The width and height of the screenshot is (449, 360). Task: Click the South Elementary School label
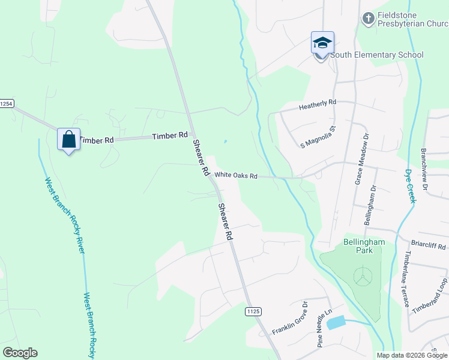tap(376, 55)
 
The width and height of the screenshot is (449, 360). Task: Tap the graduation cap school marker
tap(322, 43)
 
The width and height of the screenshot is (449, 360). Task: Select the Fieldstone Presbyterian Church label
tap(412, 19)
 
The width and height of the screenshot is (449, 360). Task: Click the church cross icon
tap(369, 19)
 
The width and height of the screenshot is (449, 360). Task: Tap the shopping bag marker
tap(69, 140)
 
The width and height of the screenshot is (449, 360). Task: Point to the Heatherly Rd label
tap(318, 105)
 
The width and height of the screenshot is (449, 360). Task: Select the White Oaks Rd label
tap(236, 176)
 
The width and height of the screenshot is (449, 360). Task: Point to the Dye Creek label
tap(409, 185)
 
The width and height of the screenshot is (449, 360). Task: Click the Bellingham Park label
tap(355, 245)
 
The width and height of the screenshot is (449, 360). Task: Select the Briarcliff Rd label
tap(429, 246)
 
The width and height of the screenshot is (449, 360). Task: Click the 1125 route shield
tap(253, 311)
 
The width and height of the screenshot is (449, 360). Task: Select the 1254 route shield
tap(6, 104)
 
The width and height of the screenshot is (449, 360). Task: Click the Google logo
tap(20, 353)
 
